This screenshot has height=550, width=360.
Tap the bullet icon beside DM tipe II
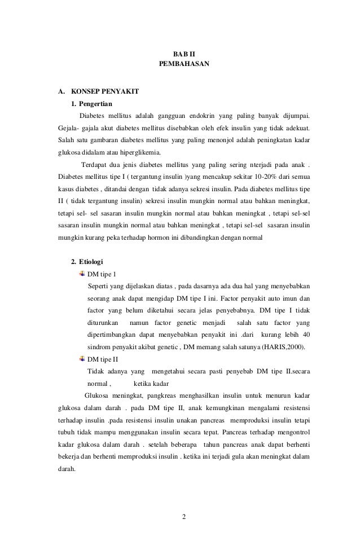coord(82,358)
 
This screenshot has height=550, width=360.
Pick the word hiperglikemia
coord(139,152)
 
